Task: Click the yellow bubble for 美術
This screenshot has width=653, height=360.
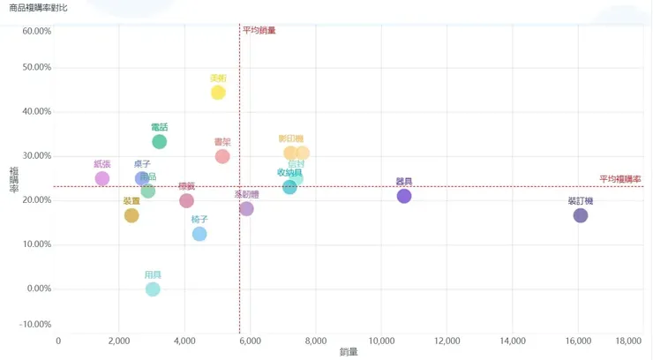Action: coord(218,93)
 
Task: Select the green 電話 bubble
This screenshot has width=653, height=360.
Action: coord(159,142)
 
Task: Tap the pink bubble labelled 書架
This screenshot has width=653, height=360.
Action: coord(222,157)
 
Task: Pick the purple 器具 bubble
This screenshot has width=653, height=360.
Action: coord(404,196)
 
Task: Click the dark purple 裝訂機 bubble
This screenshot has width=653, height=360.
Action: coord(581,215)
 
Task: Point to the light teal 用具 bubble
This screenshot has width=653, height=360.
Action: coord(153,289)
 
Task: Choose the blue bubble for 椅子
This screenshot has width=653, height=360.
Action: coord(199,234)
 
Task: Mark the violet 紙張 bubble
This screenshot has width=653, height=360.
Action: coord(102,178)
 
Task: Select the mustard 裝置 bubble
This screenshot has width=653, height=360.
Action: coord(131,215)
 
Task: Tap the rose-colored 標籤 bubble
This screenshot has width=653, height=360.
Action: coord(186,201)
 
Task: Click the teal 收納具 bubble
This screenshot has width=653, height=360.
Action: coord(289,187)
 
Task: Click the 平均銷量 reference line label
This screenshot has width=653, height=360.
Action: coord(259,30)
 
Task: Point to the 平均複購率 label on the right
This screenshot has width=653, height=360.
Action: coord(619,179)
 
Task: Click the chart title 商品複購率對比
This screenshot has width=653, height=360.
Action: coord(36,8)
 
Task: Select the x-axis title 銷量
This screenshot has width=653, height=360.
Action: coord(349,353)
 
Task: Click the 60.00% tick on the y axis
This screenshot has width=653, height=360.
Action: coord(36,31)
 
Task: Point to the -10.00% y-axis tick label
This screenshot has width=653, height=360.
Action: coord(35,325)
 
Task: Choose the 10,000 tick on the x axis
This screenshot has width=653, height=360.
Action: coord(380,341)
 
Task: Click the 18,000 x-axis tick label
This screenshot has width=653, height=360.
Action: coord(628,341)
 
